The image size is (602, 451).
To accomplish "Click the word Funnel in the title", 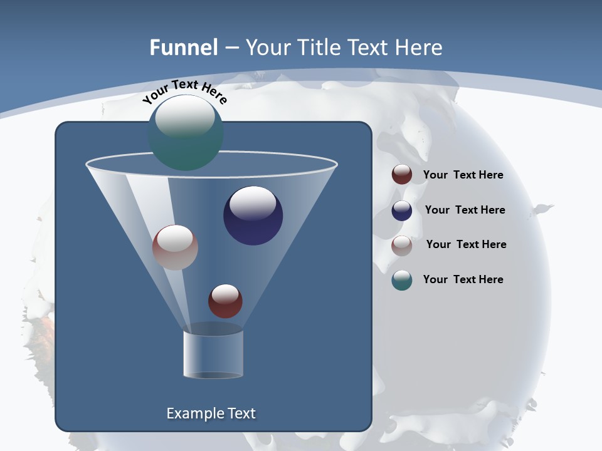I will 184,48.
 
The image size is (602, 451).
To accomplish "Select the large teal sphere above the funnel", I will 186,133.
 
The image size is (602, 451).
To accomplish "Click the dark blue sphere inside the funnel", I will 253,216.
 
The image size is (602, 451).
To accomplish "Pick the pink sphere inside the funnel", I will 175,247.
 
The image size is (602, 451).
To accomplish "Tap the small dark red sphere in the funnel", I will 225,301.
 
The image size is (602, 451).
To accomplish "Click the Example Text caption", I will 211,413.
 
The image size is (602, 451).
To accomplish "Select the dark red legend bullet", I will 402,175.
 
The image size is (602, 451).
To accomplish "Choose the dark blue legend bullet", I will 402,210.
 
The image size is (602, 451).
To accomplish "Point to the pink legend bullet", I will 402,246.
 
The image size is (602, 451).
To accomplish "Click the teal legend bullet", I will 402,280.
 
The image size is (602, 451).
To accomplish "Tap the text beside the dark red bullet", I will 463,175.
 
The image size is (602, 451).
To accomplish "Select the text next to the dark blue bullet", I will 465,210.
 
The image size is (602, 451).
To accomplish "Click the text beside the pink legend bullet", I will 466,244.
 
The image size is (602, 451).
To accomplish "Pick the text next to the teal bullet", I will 463,279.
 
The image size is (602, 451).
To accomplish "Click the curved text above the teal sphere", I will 184,91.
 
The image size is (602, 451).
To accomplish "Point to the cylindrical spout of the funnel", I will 213,354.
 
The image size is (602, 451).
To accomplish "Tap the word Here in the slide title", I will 420,48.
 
